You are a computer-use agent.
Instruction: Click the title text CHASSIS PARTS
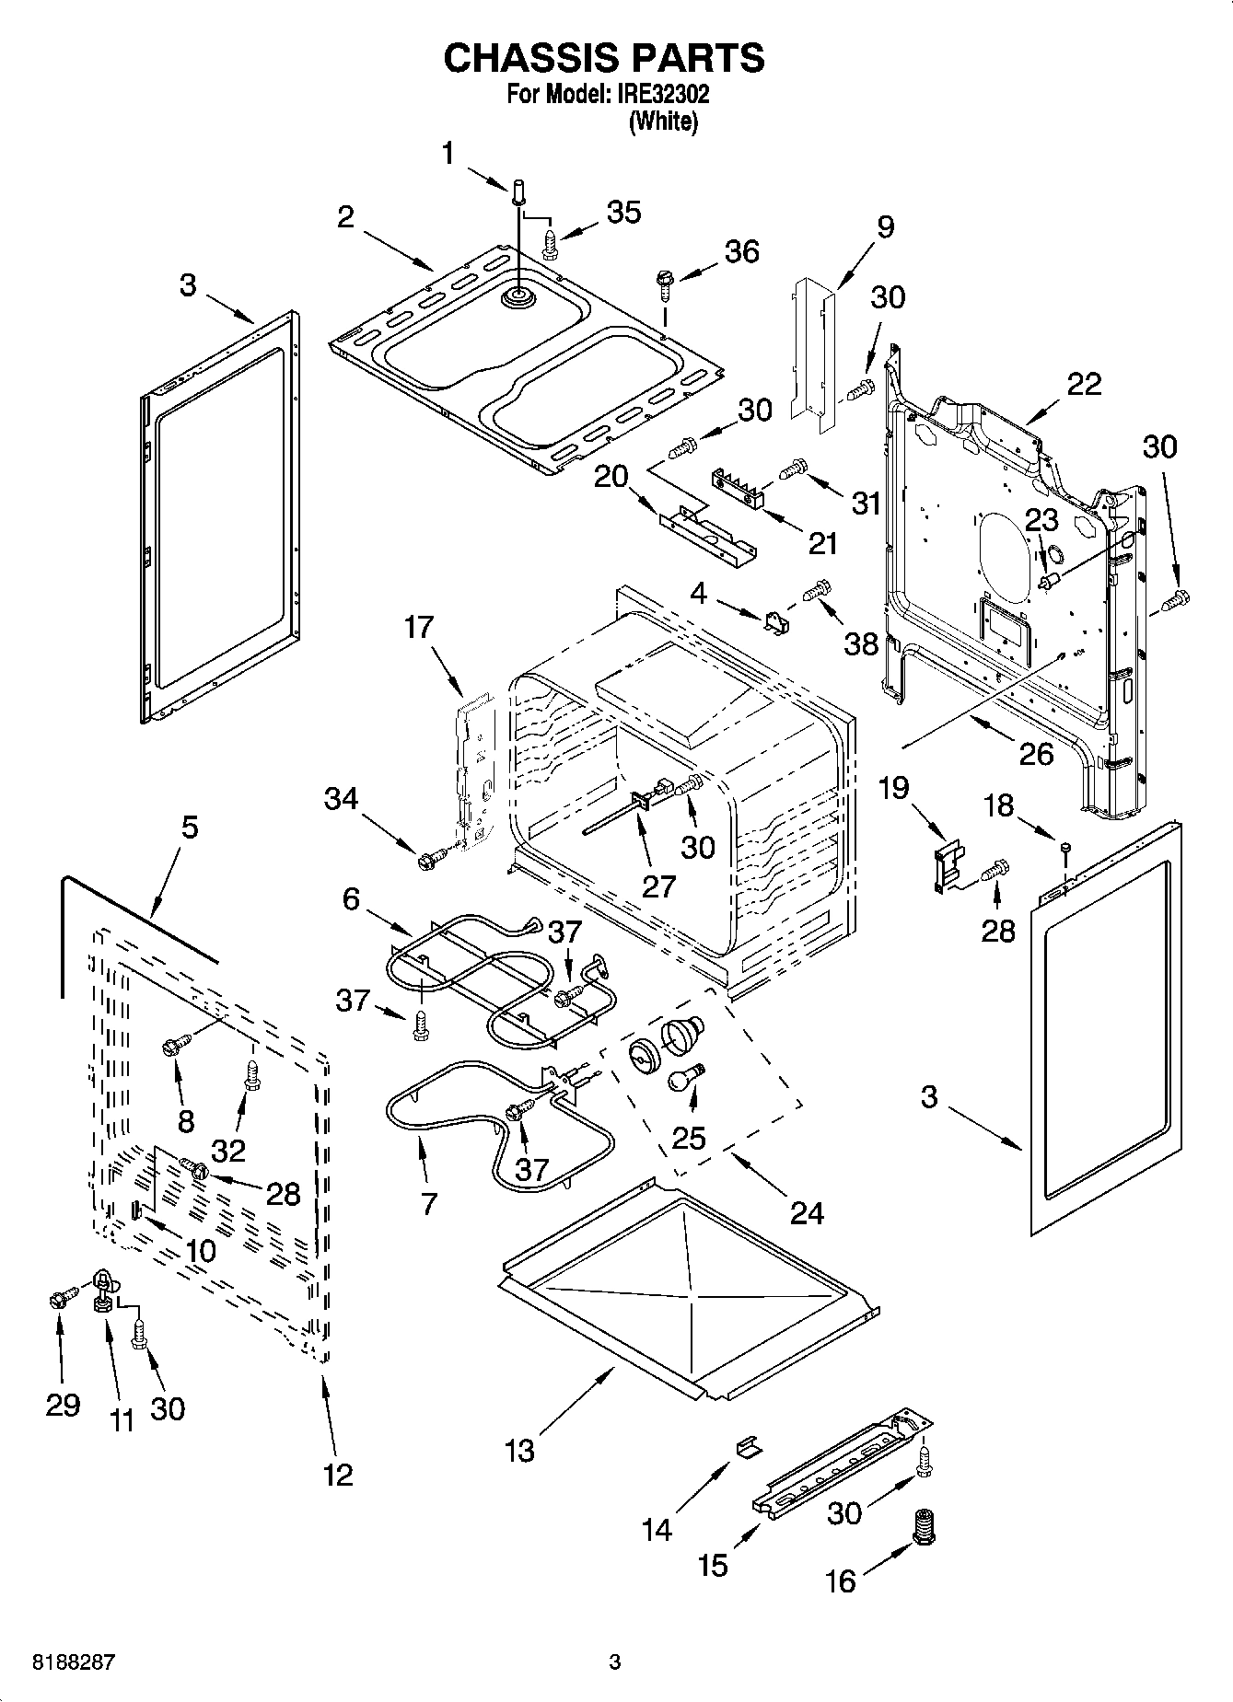603,58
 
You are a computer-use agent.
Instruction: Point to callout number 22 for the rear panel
1083,384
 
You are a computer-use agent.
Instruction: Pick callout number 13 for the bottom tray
519,1451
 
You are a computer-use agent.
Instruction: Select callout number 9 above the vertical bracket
885,226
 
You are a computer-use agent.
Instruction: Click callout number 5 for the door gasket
189,827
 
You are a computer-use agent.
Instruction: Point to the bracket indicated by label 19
945,865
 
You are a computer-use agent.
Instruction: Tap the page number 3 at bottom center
615,1662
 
